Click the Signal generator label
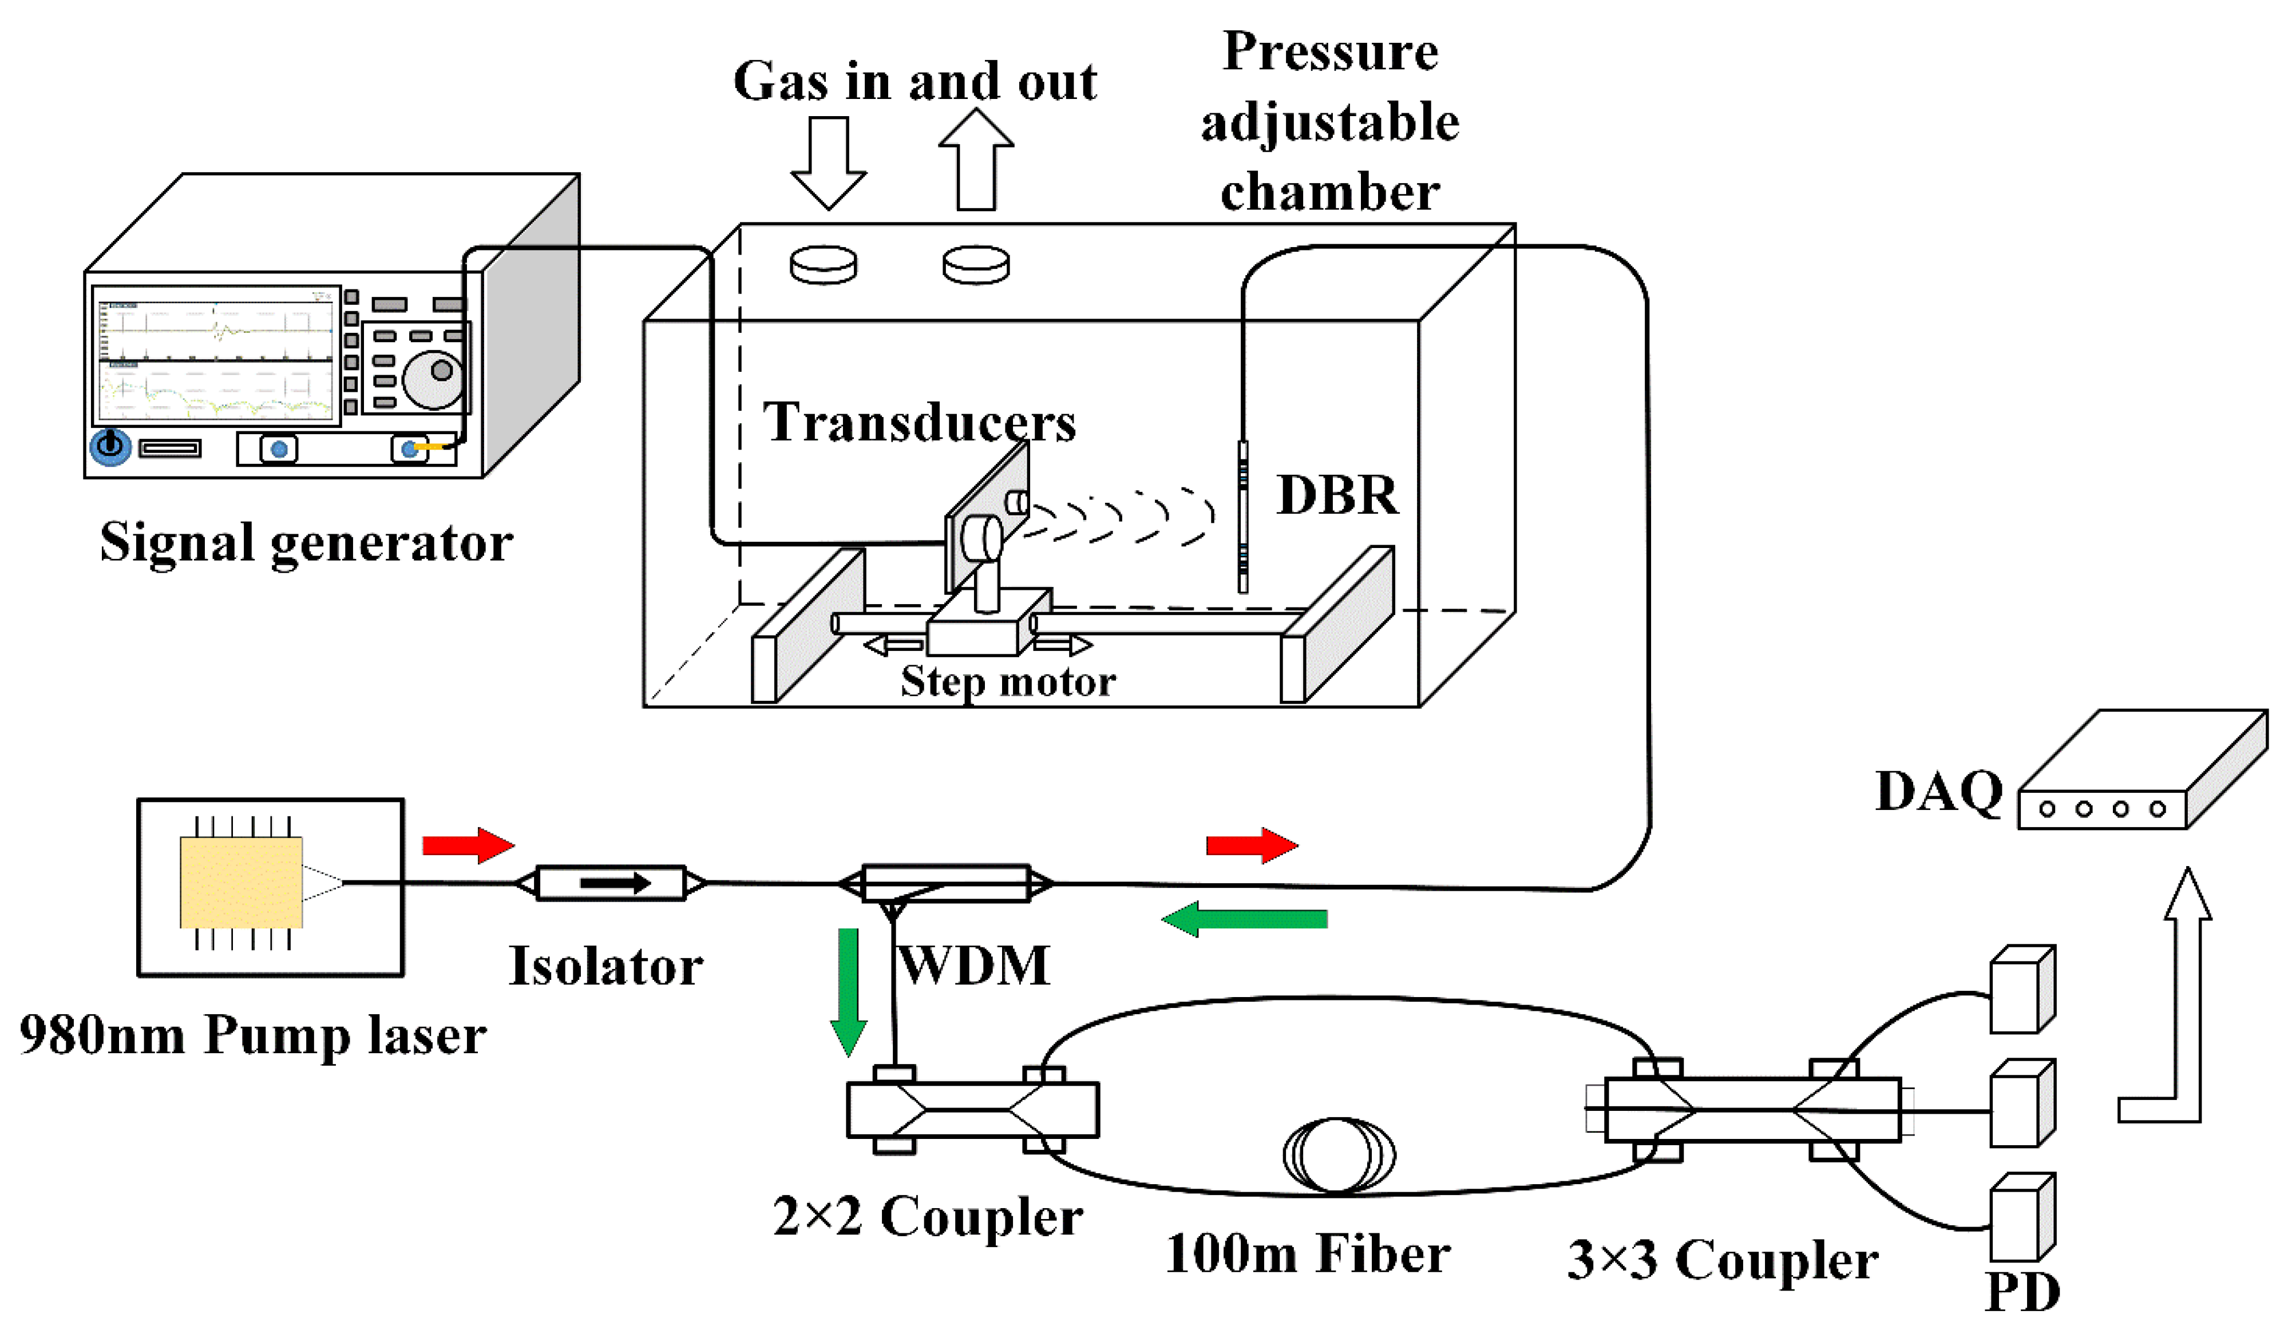[306, 543]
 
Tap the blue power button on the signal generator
[110, 446]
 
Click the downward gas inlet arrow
[829, 163]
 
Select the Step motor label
[1008, 682]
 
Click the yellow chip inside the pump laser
[242, 882]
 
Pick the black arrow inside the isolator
[615, 883]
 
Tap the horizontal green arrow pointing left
[1244, 919]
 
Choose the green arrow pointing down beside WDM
[849, 991]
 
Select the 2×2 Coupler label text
[927, 1216]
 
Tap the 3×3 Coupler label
[1723, 1260]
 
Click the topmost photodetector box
[2023, 989]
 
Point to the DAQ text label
[1939, 792]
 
